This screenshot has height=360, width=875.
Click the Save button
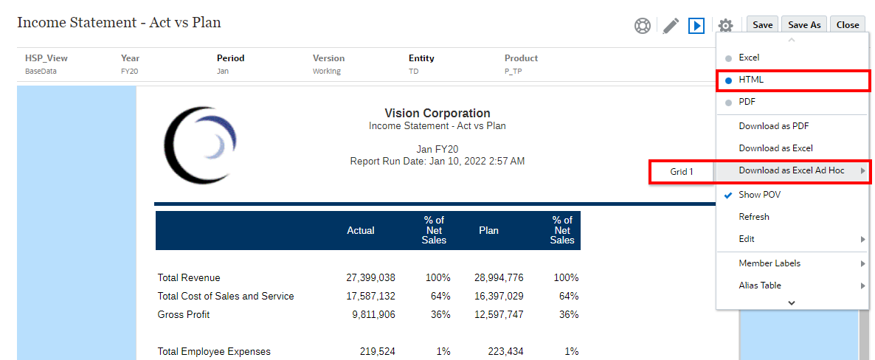(762, 25)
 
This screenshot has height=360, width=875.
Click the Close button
(848, 25)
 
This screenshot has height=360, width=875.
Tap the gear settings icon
(725, 26)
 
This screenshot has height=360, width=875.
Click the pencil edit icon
(671, 26)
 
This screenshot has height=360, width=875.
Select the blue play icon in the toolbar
(696, 26)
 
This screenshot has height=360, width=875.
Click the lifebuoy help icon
(643, 26)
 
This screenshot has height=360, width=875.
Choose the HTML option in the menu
(751, 80)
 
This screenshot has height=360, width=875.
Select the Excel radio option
(748, 58)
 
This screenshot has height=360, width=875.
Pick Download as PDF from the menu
(774, 126)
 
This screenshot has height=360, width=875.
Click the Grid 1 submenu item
(682, 172)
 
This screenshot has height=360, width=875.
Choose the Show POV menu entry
(759, 195)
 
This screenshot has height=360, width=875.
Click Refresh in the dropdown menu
(754, 217)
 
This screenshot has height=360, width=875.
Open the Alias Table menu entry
(760, 285)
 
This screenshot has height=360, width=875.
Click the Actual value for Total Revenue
(370, 278)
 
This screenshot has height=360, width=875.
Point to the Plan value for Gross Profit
(499, 315)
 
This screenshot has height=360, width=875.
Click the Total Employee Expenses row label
(214, 352)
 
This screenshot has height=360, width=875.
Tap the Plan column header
(488, 231)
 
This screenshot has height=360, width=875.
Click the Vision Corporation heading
(437, 114)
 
